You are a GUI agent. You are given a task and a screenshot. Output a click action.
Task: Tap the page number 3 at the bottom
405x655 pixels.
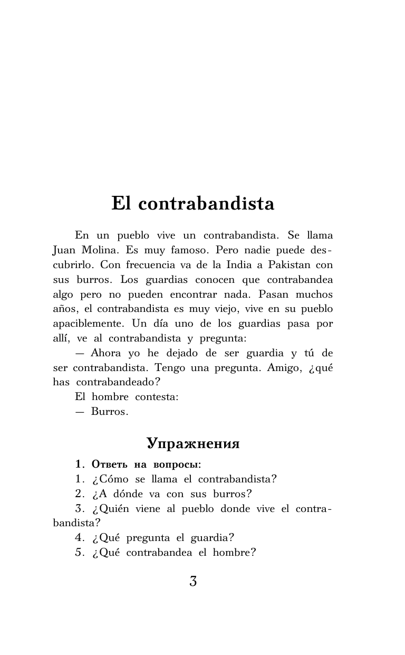(x=193, y=582)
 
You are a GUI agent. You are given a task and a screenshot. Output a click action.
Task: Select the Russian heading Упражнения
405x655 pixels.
(x=193, y=444)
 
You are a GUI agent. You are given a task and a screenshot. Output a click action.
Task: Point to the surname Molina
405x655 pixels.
(x=103, y=249)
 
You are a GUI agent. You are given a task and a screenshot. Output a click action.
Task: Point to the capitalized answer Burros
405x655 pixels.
(x=109, y=412)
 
